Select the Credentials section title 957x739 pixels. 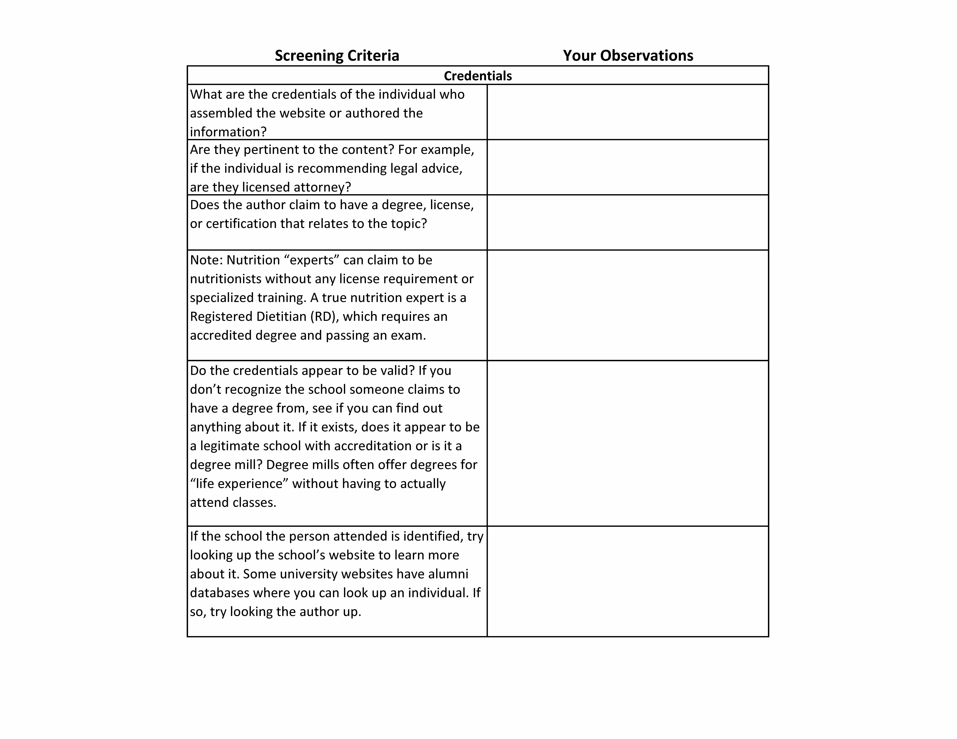(478, 76)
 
